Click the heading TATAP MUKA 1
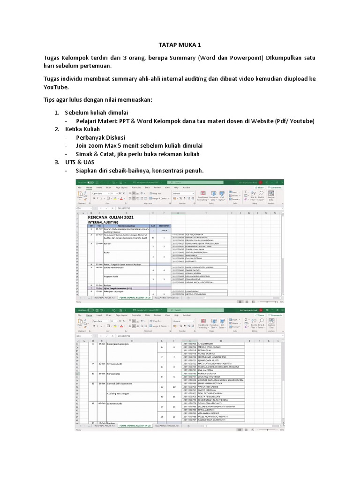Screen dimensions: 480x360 180,45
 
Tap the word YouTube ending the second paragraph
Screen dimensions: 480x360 56,87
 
